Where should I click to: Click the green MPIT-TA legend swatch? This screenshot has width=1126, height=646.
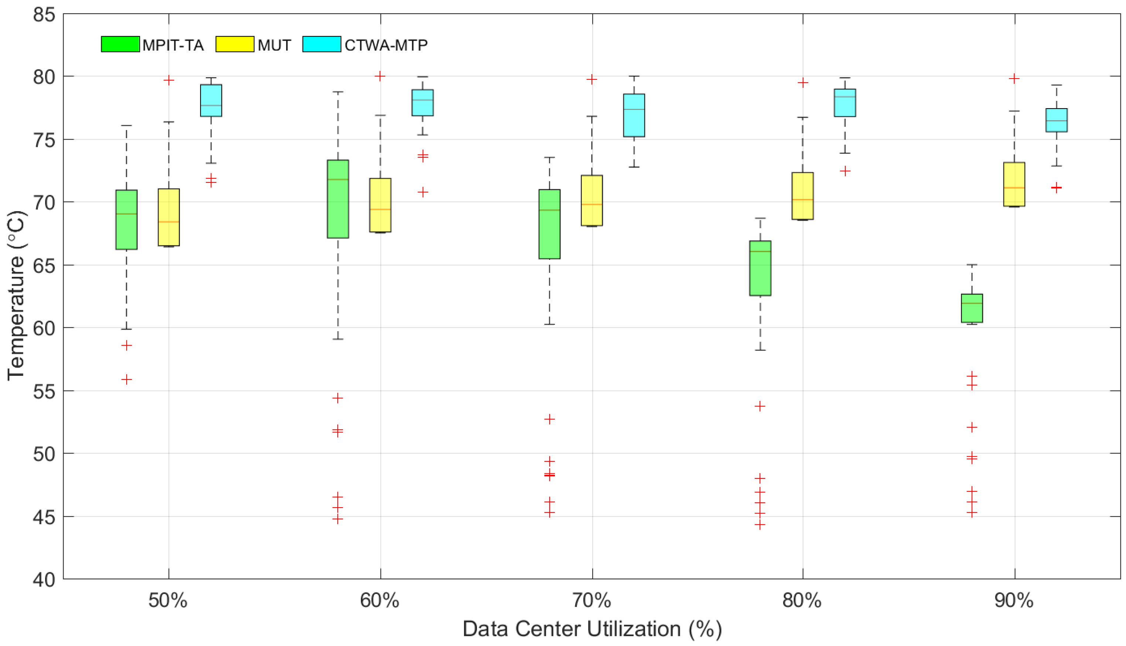(x=120, y=44)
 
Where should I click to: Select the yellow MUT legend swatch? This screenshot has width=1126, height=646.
(x=235, y=44)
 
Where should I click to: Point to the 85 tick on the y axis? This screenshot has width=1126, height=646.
(x=44, y=15)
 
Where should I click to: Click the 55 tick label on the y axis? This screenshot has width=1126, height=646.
(x=44, y=391)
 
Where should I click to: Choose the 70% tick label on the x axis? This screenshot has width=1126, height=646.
(x=591, y=601)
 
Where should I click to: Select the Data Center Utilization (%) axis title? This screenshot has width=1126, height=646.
(x=592, y=629)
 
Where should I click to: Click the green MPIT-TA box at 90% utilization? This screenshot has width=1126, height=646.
(x=972, y=308)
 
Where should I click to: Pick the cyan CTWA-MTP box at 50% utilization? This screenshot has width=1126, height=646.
(x=211, y=100)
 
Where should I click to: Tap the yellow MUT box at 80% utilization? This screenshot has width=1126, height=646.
(x=802, y=196)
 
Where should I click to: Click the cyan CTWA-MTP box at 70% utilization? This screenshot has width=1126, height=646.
(x=634, y=115)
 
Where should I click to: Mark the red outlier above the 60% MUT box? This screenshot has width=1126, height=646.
(x=380, y=76)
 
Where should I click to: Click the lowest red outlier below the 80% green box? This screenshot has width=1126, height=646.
(x=760, y=525)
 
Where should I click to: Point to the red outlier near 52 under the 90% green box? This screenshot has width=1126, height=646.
(x=972, y=427)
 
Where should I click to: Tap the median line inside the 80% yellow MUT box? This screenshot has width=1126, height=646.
(x=802, y=200)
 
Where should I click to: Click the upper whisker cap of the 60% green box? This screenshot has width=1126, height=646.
(x=338, y=92)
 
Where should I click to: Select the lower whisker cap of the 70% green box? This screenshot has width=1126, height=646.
(x=549, y=324)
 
